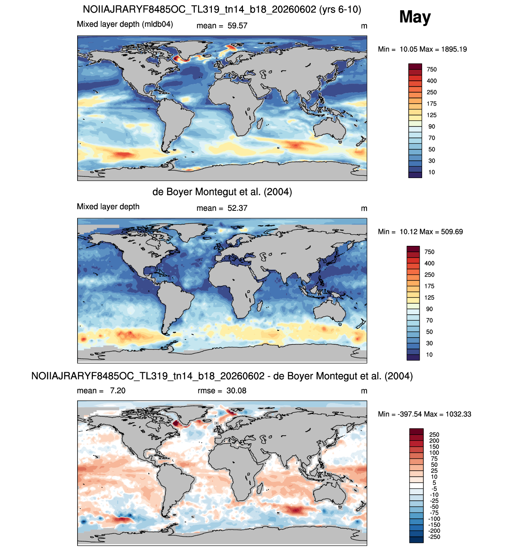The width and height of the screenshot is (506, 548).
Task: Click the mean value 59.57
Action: tap(237, 26)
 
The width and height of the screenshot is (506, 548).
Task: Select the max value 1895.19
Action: tap(454, 49)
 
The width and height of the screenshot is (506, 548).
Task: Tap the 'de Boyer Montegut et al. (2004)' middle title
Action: tap(222, 192)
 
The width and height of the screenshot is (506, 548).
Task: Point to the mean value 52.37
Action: tap(237, 208)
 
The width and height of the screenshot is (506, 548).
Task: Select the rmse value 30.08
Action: tap(236, 391)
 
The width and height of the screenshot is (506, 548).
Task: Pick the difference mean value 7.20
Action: tap(117, 391)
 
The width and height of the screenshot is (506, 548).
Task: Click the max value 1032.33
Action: tap(458, 414)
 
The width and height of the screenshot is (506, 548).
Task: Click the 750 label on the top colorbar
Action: tap(432, 70)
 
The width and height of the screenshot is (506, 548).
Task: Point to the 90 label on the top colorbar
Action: tap(432, 126)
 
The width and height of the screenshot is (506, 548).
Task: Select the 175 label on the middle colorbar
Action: tap(429, 286)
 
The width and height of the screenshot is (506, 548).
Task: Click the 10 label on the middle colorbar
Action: tap(429, 355)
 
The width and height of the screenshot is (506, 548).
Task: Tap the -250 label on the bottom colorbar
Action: tap(434, 537)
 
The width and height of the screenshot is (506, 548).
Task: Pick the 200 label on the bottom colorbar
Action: tap(434, 441)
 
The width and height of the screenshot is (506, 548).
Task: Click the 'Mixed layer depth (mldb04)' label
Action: tap(125, 24)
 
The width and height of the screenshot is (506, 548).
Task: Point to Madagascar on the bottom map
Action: tap(259, 489)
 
